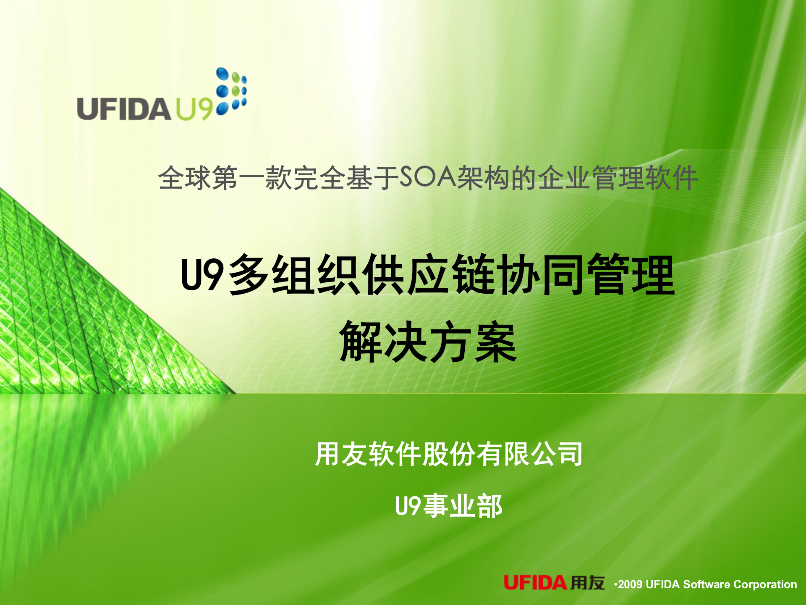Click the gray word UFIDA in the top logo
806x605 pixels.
tap(123, 109)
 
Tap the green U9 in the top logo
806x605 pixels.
tap(194, 109)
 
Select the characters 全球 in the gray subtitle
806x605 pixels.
tap(184, 178)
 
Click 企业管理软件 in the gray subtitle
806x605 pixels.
tap(618, 178)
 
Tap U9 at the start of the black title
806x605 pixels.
tap(201, 275)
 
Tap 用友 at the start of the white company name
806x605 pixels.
tap(341, 454)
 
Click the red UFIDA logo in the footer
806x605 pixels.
tap(535, 583)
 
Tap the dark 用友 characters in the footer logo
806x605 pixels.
tap(588, 583)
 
